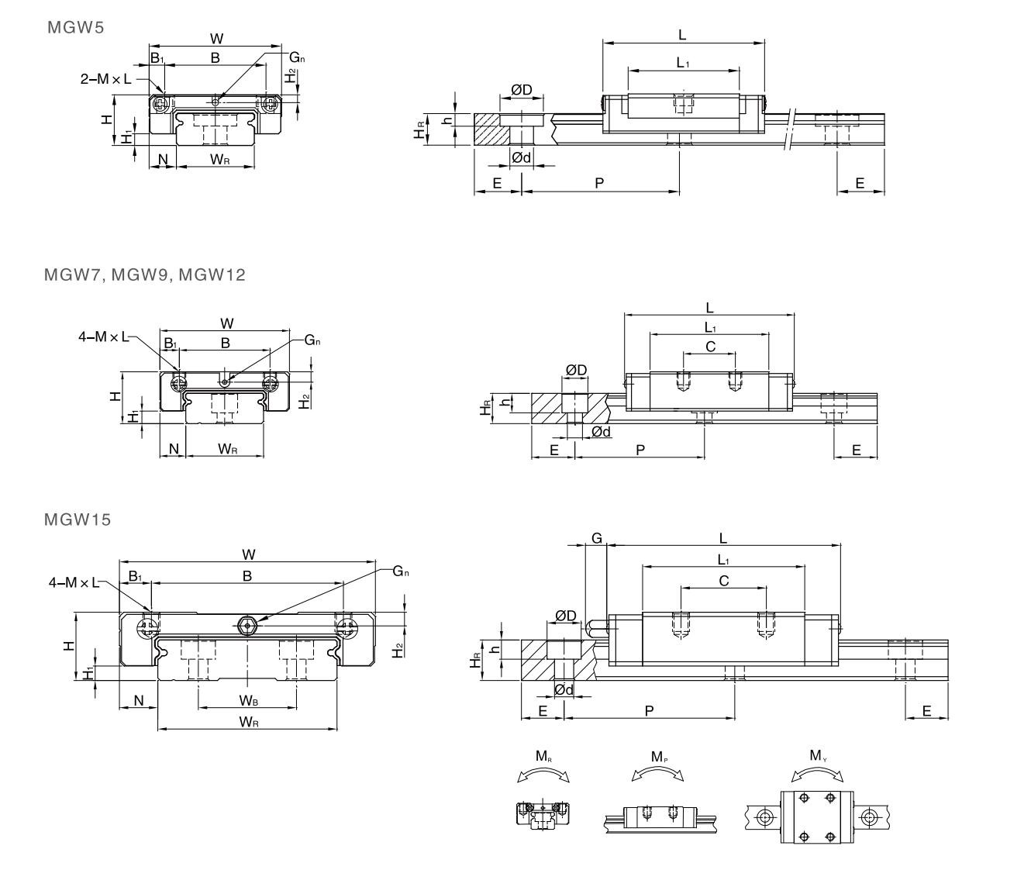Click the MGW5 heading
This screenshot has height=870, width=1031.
(75, 28)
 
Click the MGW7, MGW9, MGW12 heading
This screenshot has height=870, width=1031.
(145, 274)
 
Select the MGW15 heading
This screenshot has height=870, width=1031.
(78, 520)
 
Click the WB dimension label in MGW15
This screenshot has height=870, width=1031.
(248, 701)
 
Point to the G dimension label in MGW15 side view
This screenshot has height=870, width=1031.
(596, 537)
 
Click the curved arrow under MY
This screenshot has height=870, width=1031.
(818, 773)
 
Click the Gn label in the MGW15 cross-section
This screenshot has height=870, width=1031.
(401, 571)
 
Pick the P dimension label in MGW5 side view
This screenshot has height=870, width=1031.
(599, 183)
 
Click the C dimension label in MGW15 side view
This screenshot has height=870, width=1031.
(723, 579)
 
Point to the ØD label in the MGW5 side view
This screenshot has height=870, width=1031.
(522, 90)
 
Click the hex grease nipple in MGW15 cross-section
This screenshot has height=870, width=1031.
(247, 624)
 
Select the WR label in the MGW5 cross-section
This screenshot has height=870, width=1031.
(219, 159)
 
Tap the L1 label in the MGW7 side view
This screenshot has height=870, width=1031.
(710, 328)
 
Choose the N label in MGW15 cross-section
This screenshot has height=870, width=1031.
(139, 700)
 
